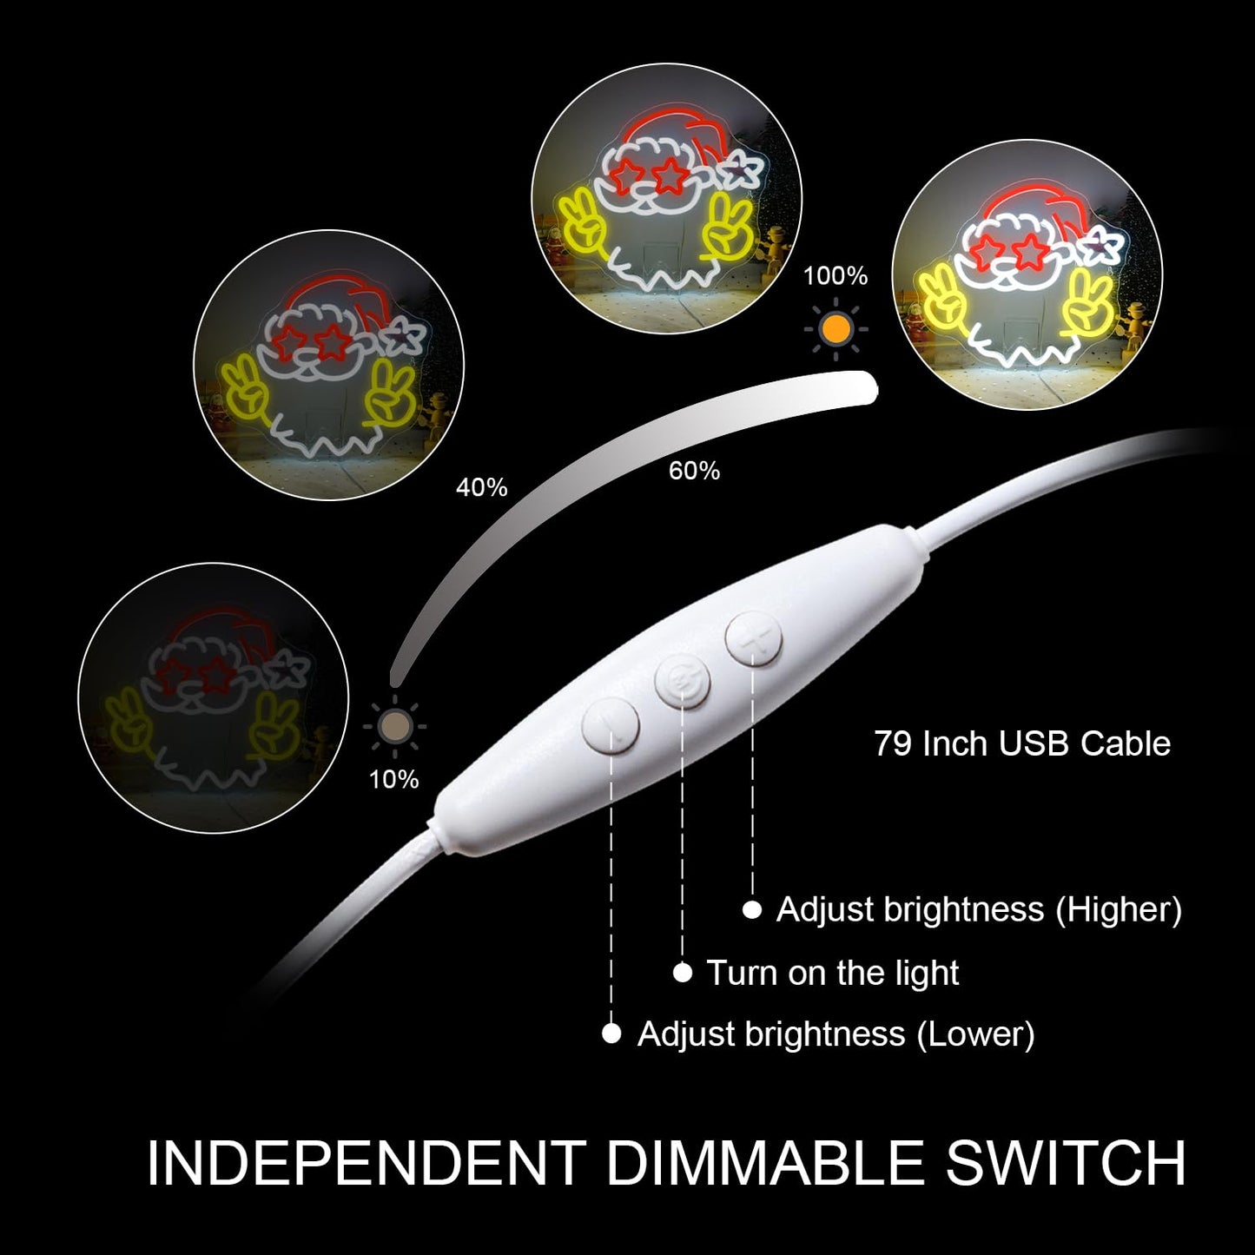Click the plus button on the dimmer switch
click(754, 637)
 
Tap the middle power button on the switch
click(683, 684)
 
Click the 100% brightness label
click(835, 276)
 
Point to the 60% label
click(694, 470)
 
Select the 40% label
click(481, 487)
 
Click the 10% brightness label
click(393, 779)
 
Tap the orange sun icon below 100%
click(836, 329)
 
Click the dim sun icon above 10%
click(394, 725)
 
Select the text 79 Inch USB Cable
click(1022, 743)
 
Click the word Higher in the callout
click(1119, 909)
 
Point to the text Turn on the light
click(832, 973)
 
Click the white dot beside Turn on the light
click(683, 974)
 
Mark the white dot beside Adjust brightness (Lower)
click(611, 1034)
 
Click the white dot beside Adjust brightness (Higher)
click(752, 910)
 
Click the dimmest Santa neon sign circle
click(213, 697)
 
